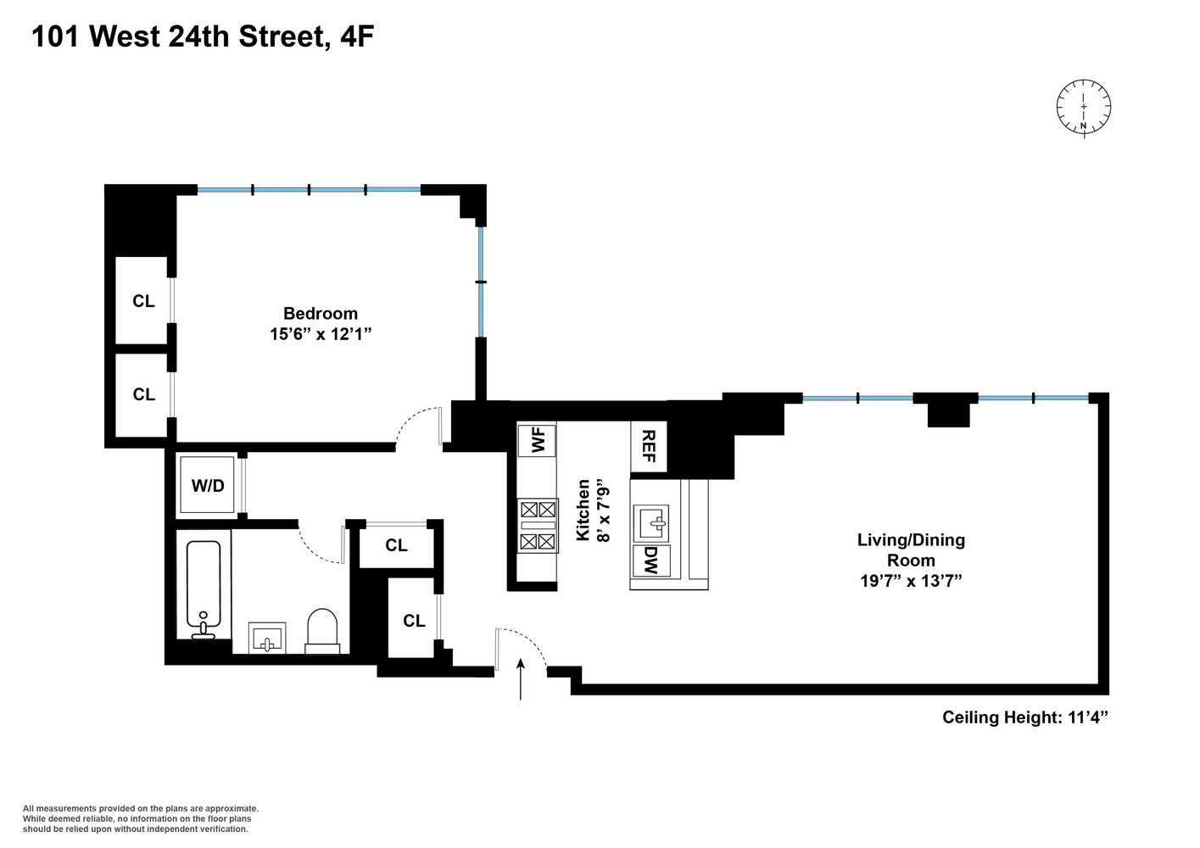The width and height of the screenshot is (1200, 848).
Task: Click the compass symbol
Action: click(x=1083, y=107)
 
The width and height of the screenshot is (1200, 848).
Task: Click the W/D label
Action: click(x=208, y=486)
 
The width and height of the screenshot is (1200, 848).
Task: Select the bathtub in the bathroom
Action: click(x=204, y=589)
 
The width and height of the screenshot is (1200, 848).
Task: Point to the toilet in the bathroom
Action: click(x=321, y=630)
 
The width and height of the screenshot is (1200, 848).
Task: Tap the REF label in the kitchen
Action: click(x=649, y=447)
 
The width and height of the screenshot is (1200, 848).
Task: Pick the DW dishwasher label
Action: click(x=650, y=560)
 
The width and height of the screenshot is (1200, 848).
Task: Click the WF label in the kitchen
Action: click(x=537, y=441)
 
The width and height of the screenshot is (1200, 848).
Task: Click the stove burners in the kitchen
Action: click(x=538, y=526)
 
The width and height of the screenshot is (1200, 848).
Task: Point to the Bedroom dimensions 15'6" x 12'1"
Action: click(x=321, y=335)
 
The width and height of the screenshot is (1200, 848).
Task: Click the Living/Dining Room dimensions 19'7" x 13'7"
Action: click(x=911, y=581)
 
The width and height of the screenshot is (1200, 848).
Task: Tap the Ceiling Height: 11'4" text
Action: click(x=1025, y=717)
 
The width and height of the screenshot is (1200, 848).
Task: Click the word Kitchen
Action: click(x=583, y=510)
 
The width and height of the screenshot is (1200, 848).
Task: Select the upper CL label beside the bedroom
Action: click(x=143, y=301)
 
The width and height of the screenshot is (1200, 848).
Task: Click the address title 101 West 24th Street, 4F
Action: click(x=203, y=36)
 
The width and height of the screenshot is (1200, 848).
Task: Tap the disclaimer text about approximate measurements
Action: click(x=140, y=818)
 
